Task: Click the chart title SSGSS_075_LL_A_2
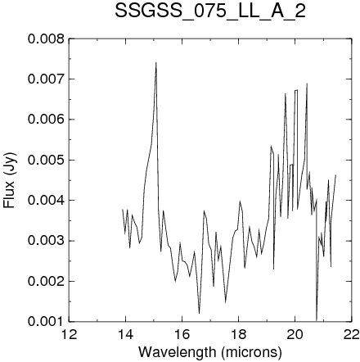pos(210,11)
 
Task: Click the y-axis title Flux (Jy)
pos(9,180)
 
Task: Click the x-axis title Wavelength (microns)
pos(210,352)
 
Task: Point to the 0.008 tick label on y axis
pos(47,38)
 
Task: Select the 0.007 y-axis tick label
pos(47,79)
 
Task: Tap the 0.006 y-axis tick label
pos(47,120)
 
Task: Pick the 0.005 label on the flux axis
pos(47,160)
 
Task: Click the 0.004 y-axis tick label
pos(47,201)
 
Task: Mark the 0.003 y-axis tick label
pos(47,241)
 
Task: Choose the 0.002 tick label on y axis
pos(47,281)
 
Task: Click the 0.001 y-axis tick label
pos(47,322)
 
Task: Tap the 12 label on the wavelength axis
pos(69,334)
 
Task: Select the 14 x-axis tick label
pos(125,334)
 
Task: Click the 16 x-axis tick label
pos(182,334)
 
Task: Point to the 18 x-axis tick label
pos(238,334)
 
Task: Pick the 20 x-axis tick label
pos(295,334)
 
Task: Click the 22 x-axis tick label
pos(351,334)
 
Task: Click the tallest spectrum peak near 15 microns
pos(156,63)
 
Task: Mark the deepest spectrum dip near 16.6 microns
pos(200,313)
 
